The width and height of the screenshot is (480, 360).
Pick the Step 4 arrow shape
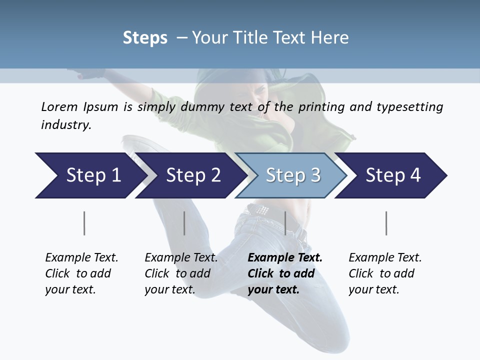(392, 175)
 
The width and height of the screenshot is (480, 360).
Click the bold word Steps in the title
(145, 38)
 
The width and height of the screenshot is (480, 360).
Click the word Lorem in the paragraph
(59, 106)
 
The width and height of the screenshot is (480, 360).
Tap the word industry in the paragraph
(65, 124)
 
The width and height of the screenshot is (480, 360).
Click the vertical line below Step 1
(84, 223)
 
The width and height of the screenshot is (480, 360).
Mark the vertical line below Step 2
(184, 223)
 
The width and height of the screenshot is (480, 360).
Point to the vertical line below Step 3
(285, 223)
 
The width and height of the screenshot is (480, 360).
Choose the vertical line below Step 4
(386, 223)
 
